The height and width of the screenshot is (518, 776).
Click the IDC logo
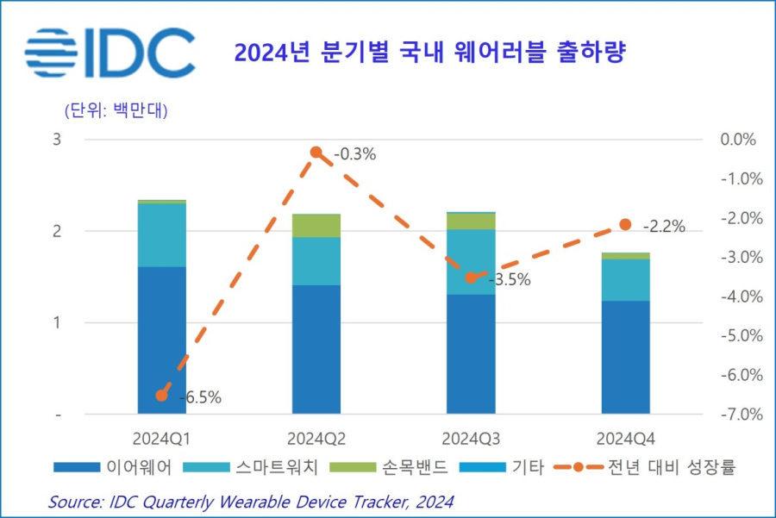110,53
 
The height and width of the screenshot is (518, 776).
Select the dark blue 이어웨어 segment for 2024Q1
161,340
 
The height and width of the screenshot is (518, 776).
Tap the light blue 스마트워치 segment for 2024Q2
316,260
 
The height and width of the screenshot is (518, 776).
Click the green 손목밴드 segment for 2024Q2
316,225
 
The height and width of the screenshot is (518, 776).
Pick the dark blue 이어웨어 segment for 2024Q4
625,357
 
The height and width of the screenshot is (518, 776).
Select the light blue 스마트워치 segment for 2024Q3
471,262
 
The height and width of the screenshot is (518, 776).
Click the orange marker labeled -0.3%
316,153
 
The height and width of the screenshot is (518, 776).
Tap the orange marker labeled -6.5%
161,396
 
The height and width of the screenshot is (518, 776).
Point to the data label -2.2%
663,228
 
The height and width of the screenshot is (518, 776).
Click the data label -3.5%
509,280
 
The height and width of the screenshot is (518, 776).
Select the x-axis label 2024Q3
471,437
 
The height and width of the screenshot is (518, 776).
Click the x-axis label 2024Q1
161,437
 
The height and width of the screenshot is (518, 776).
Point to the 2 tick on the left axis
57,231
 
